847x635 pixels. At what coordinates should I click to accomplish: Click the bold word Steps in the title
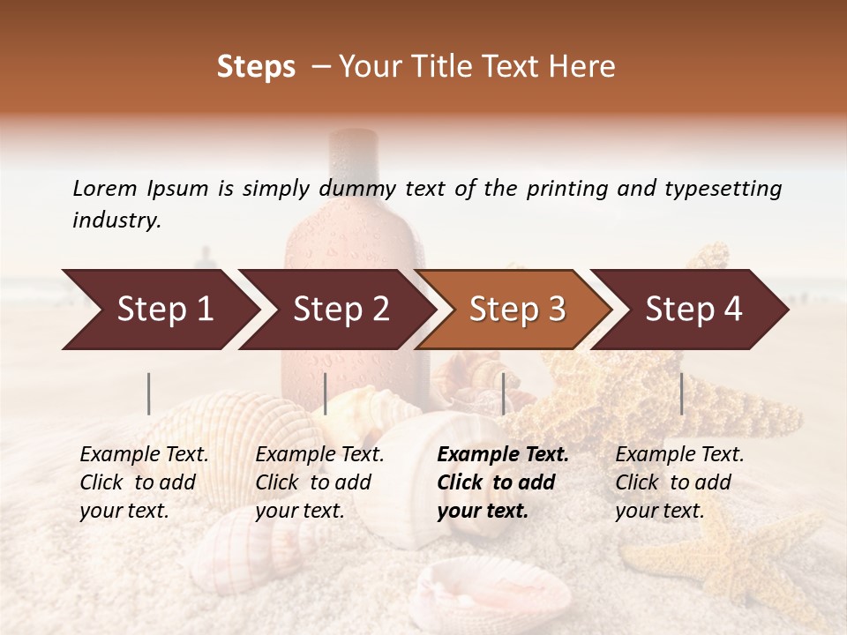(256, 67)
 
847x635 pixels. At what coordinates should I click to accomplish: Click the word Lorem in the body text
(105, 188)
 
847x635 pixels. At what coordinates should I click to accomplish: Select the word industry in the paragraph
(116, 220)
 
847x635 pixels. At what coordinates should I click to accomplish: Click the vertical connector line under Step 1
(149, 393)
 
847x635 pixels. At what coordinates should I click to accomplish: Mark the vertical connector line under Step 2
(326, 393)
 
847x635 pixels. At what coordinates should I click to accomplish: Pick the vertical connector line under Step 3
(503, 393)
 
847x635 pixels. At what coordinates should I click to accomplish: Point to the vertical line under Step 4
(681, 393)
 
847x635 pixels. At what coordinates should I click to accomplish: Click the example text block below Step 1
(144, 482)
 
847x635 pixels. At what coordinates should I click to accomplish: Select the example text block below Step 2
(319, 482)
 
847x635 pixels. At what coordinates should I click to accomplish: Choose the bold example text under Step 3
(503, 482)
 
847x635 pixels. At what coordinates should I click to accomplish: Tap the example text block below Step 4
(679, 482)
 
